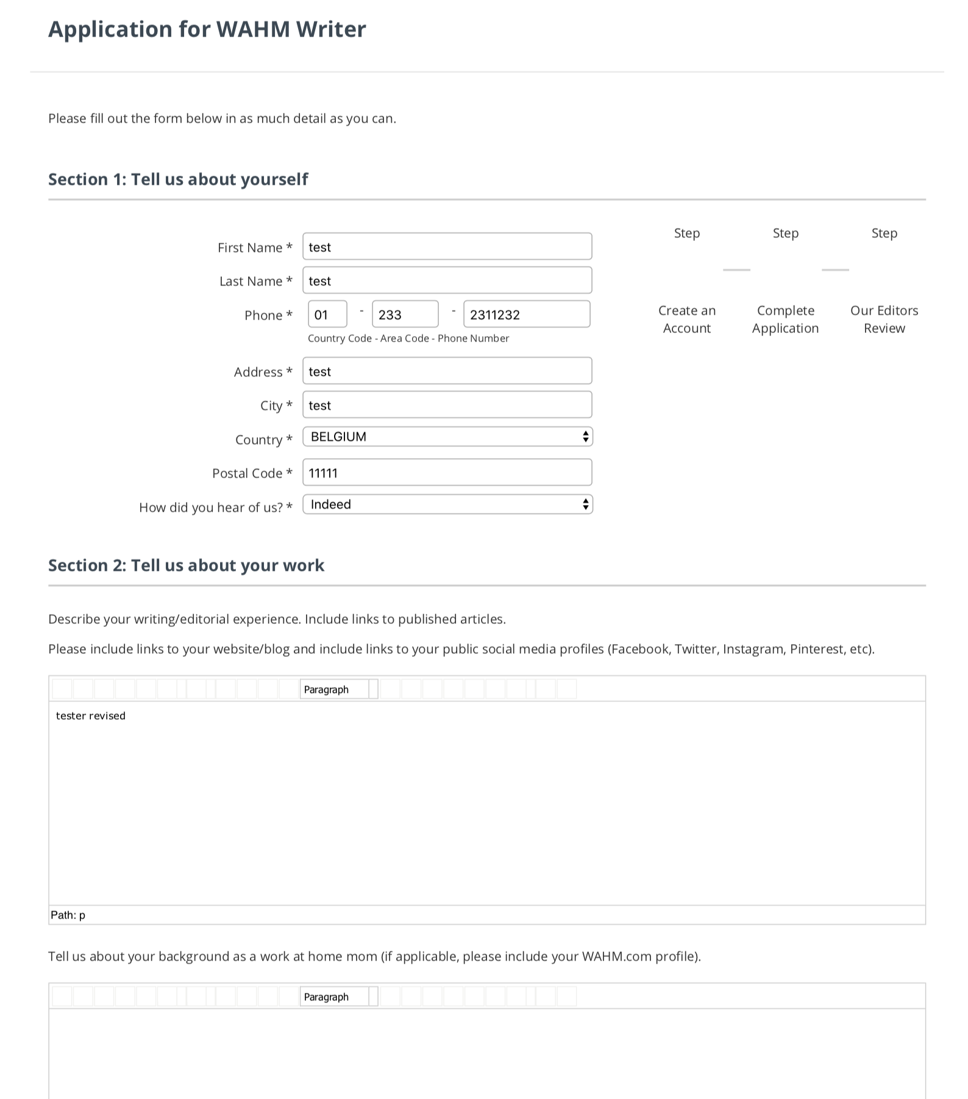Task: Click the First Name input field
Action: tap(447, 247)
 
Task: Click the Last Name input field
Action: tap(447, 281)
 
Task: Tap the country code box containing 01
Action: tap(327, 315)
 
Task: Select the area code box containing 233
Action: tap(405, 315)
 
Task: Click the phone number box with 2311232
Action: tap(526, 315)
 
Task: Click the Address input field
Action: tap(447, 371)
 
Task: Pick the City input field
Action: tap(447, 405)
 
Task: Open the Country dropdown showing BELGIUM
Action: tap(447, 437)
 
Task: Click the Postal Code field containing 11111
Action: tap(447, 473)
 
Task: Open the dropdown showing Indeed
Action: tap(447, 504)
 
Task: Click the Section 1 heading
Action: tap(178, 179)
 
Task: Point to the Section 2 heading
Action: tap(186, 565)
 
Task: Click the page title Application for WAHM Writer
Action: tap(207, 29)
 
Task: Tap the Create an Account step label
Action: tap(687, 319)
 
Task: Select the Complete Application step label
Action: tap(785, 319)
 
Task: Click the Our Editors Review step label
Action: tap(884, 319)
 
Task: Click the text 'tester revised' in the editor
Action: tap(91, 715)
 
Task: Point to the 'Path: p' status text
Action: tap(68, 915)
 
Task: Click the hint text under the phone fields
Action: tap(408, 338)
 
